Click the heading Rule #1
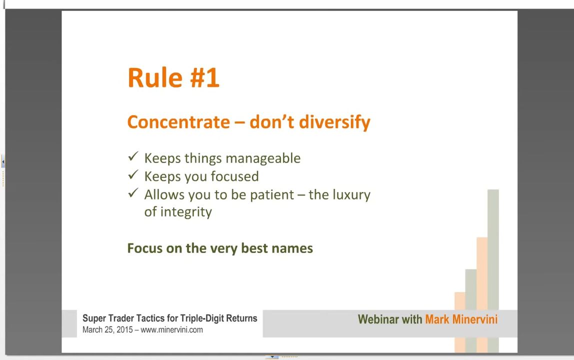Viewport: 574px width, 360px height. [x=173, y=77]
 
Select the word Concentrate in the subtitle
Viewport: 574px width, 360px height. [x=178, y=122]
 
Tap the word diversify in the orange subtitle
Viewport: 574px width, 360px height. [x=334, y=122]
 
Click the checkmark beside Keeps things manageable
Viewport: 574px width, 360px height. [x=133, y=156]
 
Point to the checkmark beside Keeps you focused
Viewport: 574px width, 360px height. [x=133, y=174]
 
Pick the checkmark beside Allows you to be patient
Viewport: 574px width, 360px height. [x=133, y=193]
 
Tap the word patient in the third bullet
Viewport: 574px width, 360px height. [x=272, y=195]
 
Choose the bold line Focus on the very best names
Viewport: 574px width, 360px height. [x=220, y=248]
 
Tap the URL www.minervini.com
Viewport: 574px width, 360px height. [x=171, y=329]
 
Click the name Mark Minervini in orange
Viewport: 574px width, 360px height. [x=461, y=319]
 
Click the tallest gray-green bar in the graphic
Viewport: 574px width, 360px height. [x=493, y=271]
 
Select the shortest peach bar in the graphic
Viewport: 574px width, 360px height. [x=460, y=322]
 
